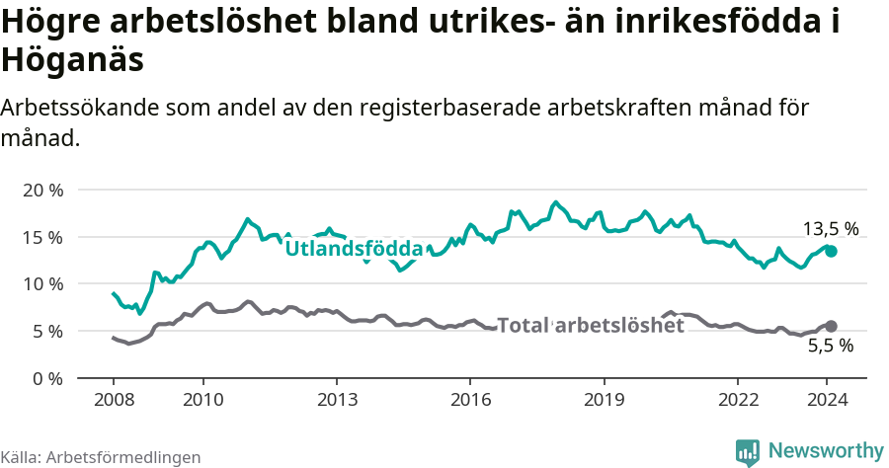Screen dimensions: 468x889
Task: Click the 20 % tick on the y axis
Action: tap(41, 190)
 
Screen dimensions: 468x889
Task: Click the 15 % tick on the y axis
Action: tap(41, 237)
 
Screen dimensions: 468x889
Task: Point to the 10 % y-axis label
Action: tap(41, 284)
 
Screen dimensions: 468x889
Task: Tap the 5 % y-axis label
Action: tap(46, 332)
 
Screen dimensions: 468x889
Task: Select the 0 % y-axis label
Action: tap(46, 378)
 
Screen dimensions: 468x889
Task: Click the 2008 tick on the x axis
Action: tap(113, 400)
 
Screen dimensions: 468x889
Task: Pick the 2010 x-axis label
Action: tap(202, 400)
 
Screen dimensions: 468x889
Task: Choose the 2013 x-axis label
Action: tap(337, 400)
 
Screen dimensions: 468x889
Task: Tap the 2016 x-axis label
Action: tap(470, 400)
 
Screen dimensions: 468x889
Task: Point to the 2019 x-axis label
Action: tap(604, 400)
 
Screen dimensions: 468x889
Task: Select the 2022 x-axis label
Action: tap(738, 400)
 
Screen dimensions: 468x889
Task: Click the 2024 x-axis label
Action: tap(828, 400)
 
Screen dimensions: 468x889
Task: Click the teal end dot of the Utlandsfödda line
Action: tap(832, 252)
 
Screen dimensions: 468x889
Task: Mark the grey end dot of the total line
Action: tap(832, 326)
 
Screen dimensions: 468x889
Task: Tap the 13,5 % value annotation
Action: tap(830, 229)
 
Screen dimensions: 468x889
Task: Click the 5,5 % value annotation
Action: tap(830, 347)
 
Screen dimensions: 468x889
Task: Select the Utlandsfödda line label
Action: tap(354, 249)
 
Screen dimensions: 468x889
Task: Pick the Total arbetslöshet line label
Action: tap(590, 325)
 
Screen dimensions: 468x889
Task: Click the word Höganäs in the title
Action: tap(73, 59)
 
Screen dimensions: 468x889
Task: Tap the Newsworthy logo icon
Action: tap(748, 452)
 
